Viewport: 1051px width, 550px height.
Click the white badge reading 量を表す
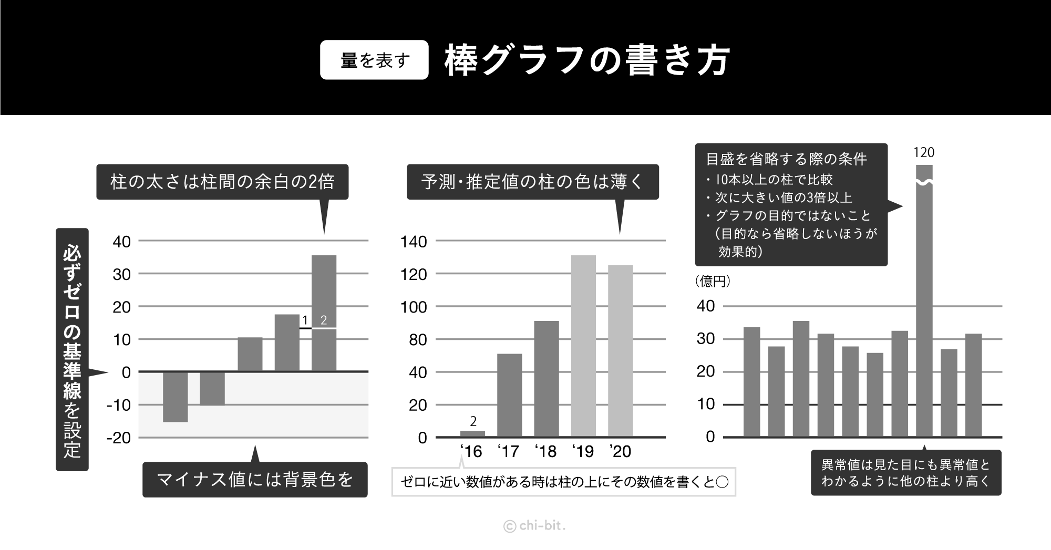(x=374, y=60)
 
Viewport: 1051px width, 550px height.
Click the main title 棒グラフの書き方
(x=587, y=60)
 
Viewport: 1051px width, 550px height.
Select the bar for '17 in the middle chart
(x=509, y=395)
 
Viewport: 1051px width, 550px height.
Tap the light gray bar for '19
(x=583, y=346)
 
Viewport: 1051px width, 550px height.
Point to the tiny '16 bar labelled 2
(x=472, y=434)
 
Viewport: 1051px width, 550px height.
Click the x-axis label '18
(x=545, y=452)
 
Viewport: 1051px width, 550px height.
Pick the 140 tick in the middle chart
(x=414, y=242)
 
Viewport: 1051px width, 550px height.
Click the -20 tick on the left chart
(x=118, y=438)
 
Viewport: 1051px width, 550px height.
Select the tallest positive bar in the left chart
(x=324, y=313)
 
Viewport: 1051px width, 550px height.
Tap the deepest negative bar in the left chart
(x=175, y=397)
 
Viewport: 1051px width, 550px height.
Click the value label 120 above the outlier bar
(x=924, y=153)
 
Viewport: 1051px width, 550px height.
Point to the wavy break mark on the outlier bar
(x=924, y=182)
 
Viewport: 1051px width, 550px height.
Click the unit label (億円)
(x=713, y=282)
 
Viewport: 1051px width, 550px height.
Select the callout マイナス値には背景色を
(x=255, y=480)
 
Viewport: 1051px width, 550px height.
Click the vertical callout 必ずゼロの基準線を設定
(x=72, y=349)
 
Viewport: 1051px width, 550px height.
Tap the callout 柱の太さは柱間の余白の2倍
(x=222, y=182)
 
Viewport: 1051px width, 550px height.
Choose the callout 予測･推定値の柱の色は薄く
(x=532, y=182)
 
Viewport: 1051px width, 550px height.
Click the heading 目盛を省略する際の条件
(x=786, y=159)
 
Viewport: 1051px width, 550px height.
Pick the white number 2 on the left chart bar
(x=324, y=320)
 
